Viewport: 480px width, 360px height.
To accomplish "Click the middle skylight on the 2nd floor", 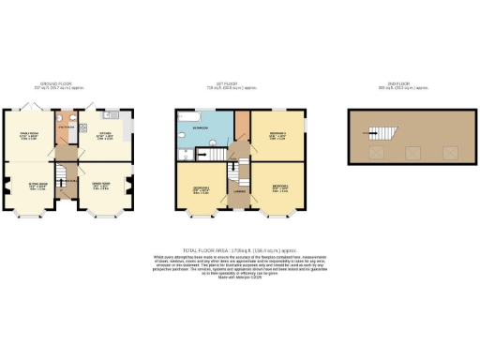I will [x=411, y=149].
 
